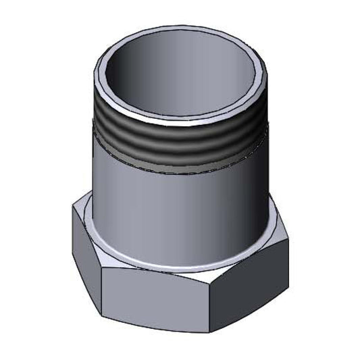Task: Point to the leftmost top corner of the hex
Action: (x=72, y=210)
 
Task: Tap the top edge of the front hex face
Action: (x=155, y=272)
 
